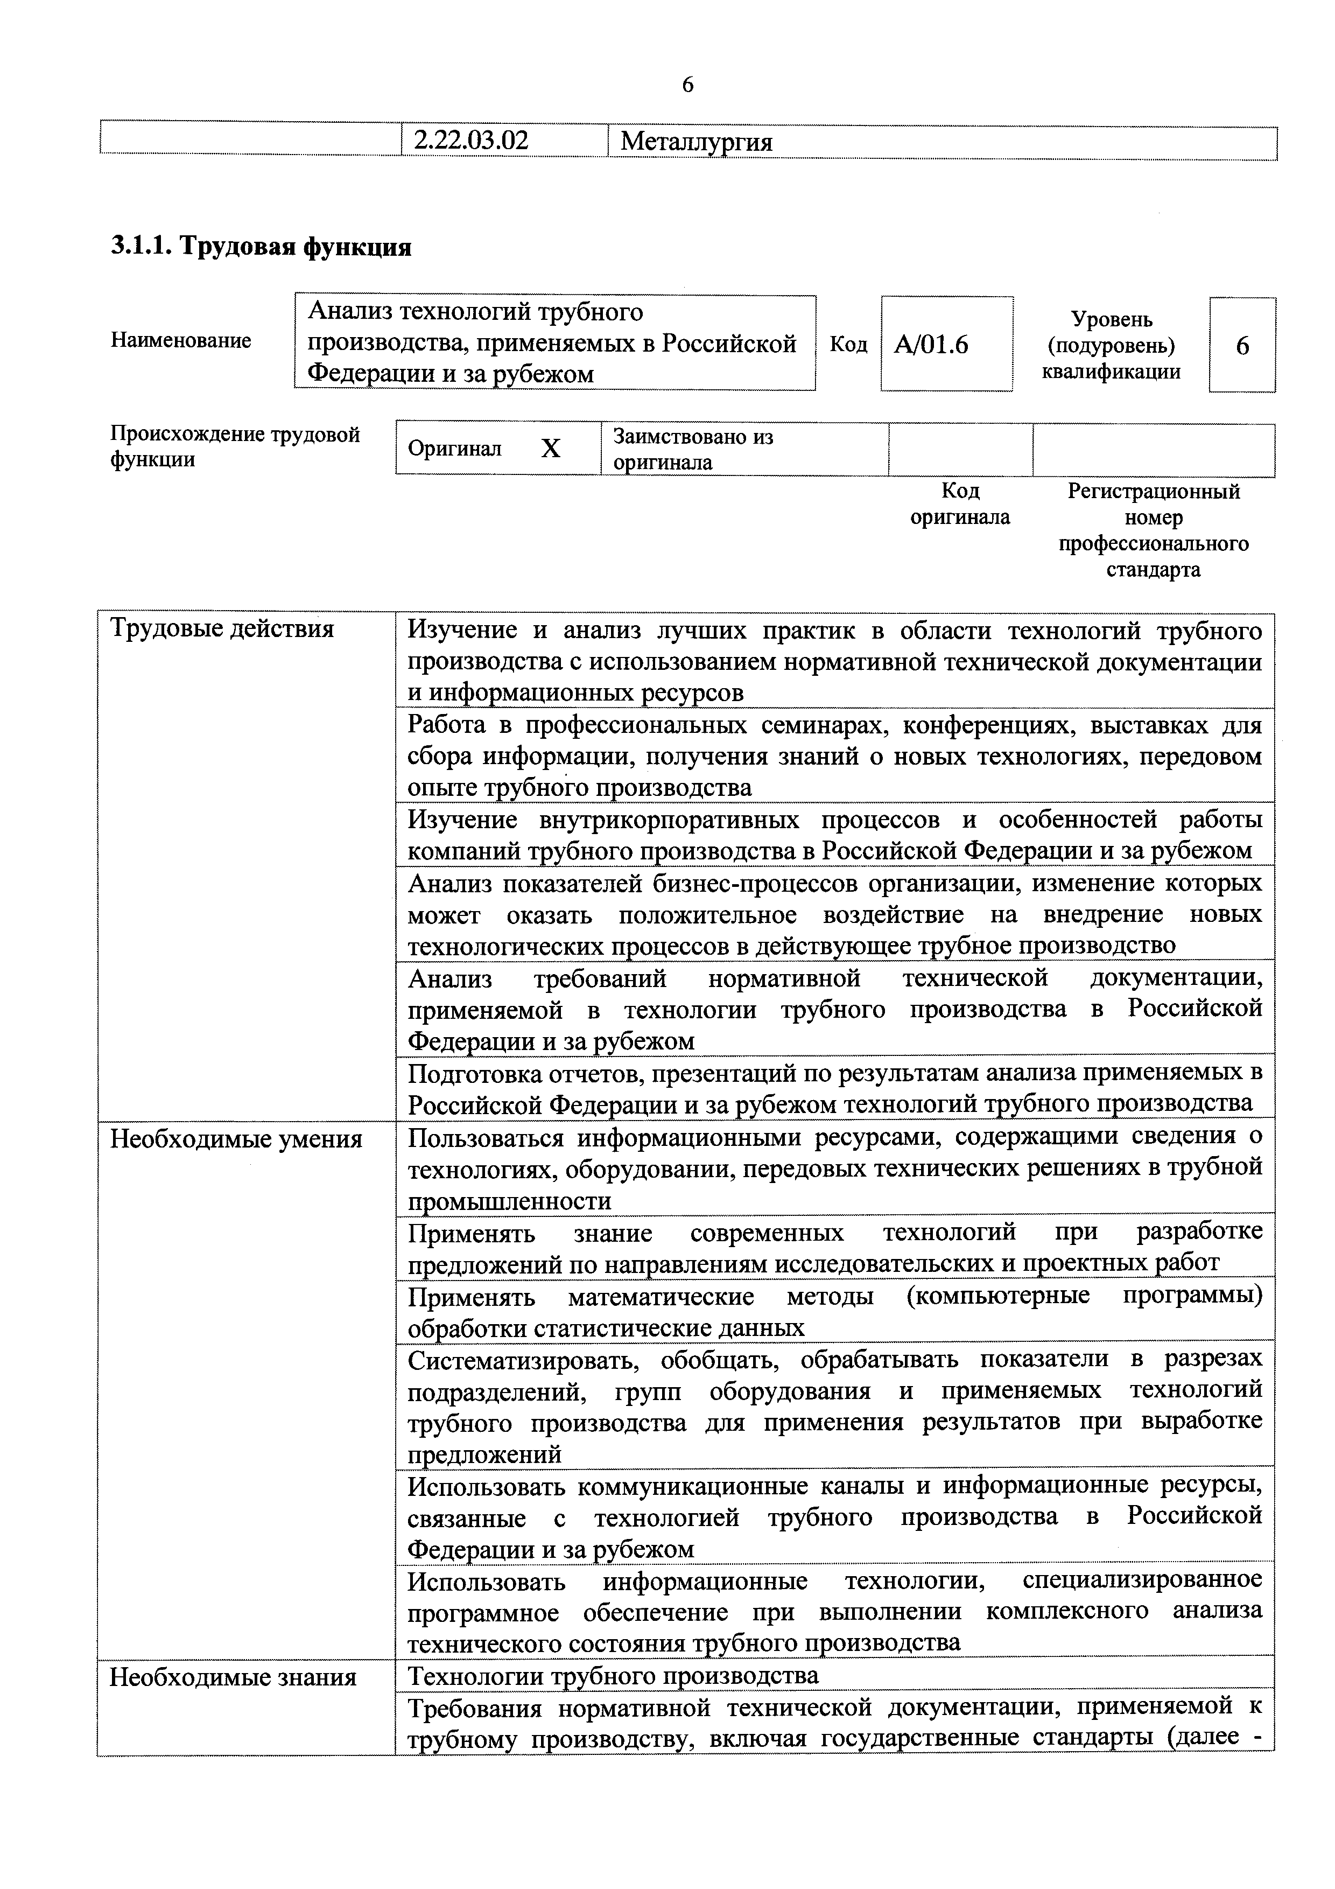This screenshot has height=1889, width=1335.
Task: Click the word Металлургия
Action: [696, 142]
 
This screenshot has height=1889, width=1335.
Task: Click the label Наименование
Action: [181, 341]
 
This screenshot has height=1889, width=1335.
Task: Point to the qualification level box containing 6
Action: [1241, 345]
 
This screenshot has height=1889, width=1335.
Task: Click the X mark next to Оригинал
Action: [550, 449]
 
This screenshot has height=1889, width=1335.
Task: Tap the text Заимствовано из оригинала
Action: [693, 449]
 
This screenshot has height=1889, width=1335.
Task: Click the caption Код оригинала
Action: [960, 503]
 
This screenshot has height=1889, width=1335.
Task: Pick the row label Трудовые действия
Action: [222, 629]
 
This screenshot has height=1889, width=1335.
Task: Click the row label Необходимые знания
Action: [233, 1677]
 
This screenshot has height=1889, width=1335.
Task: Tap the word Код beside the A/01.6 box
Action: [848, 344]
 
